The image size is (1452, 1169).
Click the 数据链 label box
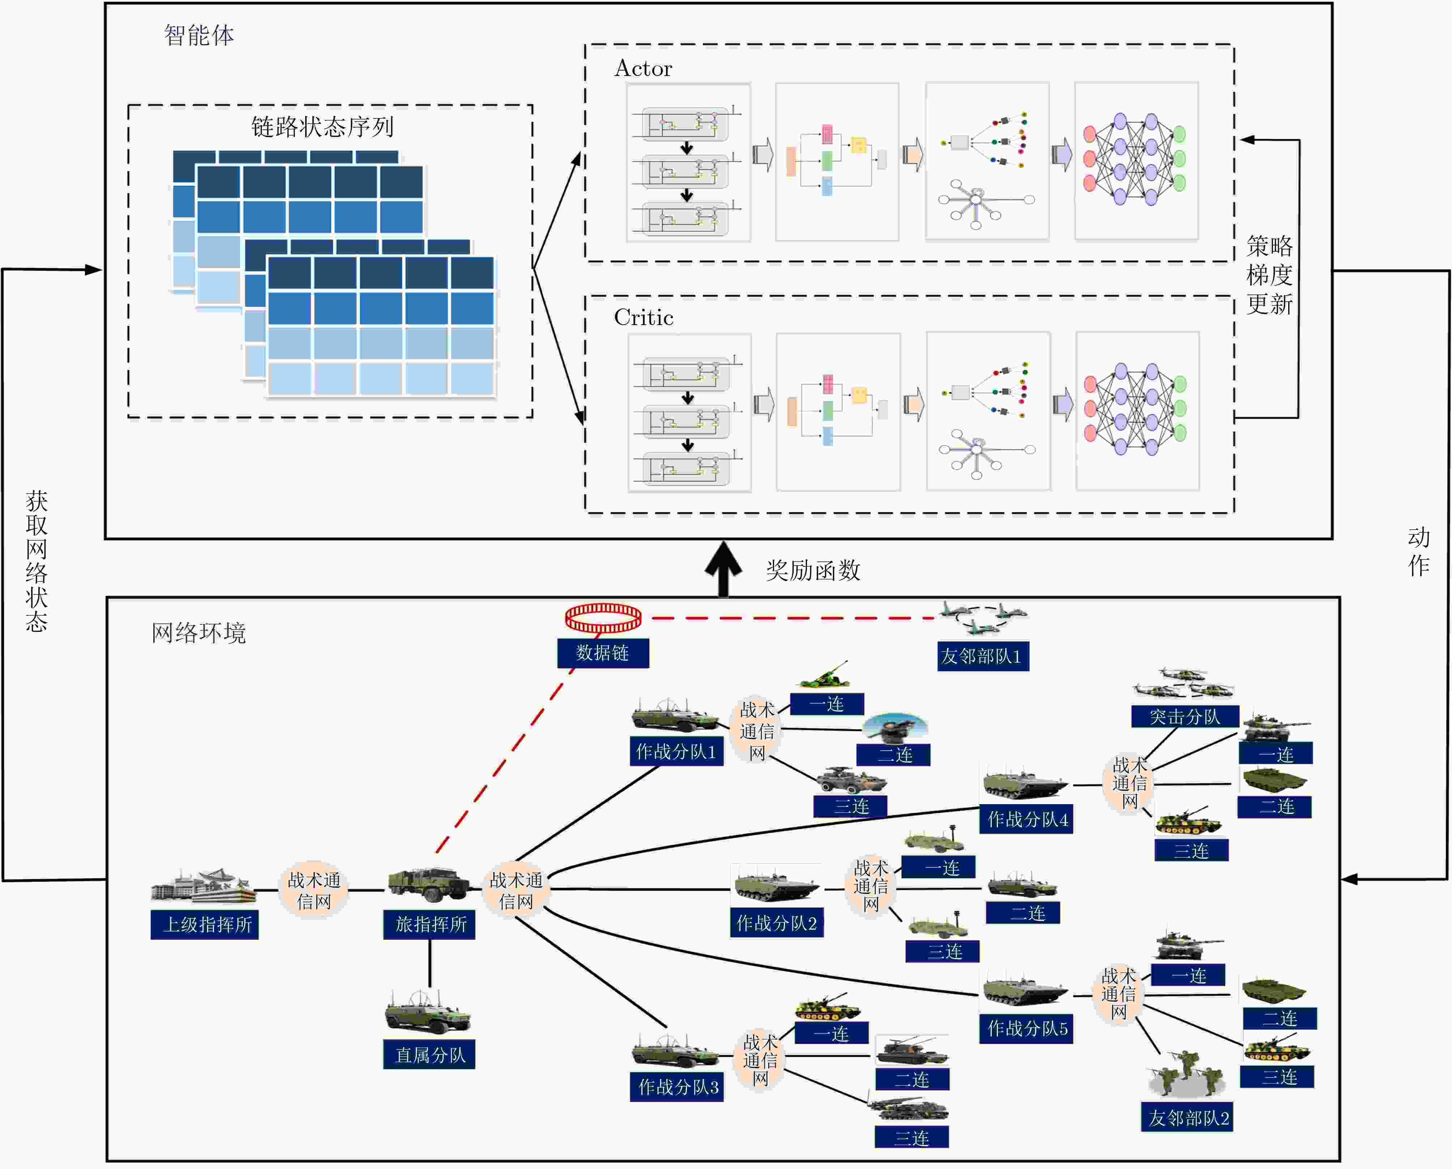[x=603, y=653]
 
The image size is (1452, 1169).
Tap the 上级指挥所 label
[x=205, y=925]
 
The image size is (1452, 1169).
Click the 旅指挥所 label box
[x=429, y=925]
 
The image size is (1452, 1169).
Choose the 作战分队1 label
[x=676, y=751]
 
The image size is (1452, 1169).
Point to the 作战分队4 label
[x=1026, y=819]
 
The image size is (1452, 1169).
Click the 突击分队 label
[x=1185, y=717]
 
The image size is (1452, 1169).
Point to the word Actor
[x=643, y=69]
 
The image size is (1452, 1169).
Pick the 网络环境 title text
[x=198, y=633]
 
